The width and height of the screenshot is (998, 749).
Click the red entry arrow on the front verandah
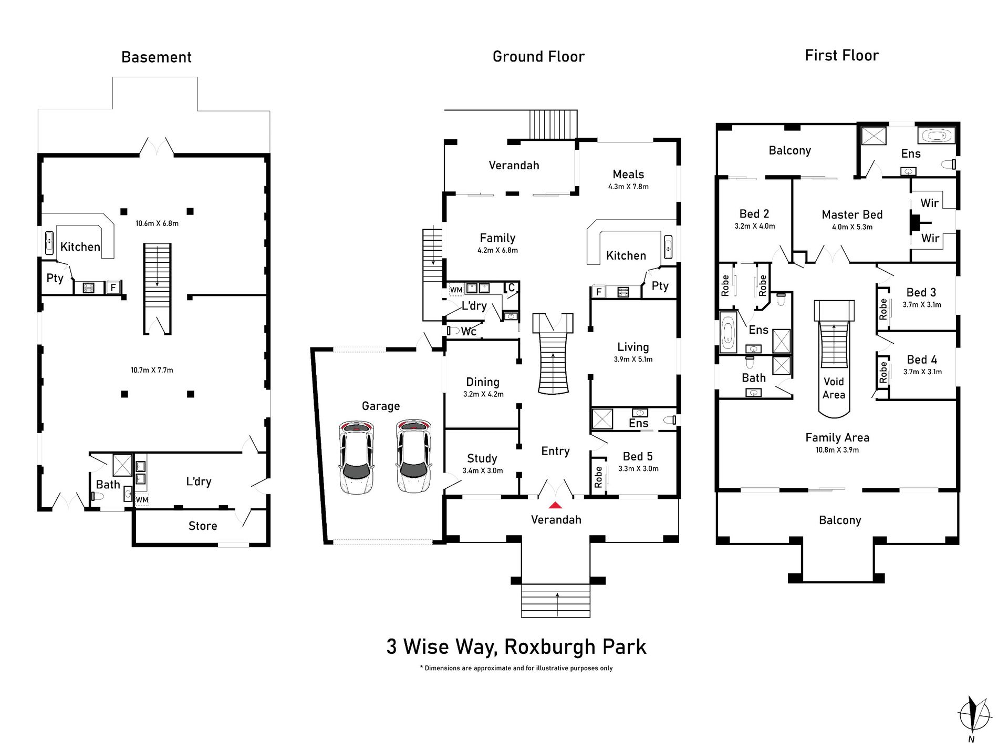coord(555,505)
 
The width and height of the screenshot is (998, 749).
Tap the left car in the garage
coord(357,456)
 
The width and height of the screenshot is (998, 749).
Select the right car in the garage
coord(413,456)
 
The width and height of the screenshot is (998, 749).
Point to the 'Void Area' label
coord(834,388)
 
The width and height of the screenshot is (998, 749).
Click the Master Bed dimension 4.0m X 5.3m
coord(851,227)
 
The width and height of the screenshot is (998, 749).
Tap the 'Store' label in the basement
coord(202,526)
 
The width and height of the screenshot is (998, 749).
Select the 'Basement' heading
coord(156,57)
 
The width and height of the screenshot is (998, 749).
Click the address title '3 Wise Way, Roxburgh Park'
coord(516,647)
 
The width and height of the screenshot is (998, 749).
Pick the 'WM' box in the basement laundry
coord(142,499)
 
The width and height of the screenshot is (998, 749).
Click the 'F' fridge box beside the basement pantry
coord(113,288)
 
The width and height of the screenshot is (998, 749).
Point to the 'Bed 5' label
coord(637,456)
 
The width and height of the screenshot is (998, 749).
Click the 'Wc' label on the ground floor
coord(468,331)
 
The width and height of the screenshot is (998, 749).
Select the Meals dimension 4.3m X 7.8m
coord(628,187)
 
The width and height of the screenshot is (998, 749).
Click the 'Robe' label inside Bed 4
coord(883,372)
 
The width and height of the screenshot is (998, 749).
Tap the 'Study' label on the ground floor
coord(482,458)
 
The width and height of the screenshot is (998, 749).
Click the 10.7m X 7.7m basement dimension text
coord(152,370)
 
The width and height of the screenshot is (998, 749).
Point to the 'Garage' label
coord(380,406)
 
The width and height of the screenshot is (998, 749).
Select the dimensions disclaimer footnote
coord(516,668)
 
